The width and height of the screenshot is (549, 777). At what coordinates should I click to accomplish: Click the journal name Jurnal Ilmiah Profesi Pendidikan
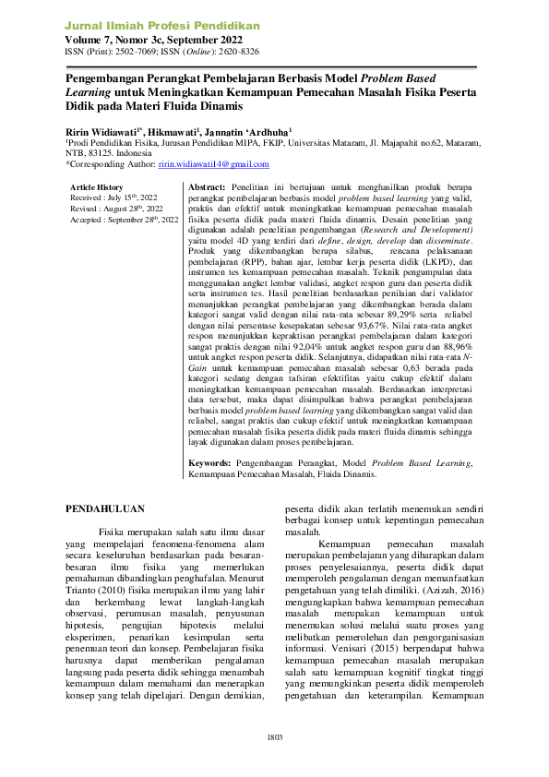point(161,26)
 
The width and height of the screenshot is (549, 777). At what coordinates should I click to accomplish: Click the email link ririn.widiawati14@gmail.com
point(213,164)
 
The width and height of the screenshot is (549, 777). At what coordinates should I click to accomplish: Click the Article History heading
point(97,187)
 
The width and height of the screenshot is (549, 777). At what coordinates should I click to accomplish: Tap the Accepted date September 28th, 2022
point(143,221)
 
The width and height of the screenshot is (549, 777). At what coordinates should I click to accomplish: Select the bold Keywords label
point(209,461)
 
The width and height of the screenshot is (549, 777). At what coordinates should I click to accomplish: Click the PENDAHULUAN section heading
point(108,508)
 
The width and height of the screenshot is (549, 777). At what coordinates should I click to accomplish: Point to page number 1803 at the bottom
point(274,736)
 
